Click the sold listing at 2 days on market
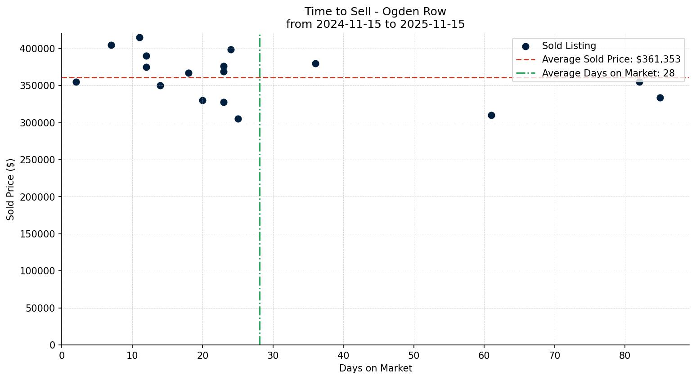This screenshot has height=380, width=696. click(76, 82)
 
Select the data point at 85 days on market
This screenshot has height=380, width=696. click(660, 98)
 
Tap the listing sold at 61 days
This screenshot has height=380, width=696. click(491, 115)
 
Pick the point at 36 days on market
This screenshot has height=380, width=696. click(315, 63)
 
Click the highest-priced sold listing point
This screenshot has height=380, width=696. click(139, 37)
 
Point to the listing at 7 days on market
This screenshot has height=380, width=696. click(111, 45)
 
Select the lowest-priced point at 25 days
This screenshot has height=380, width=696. click(238, 119)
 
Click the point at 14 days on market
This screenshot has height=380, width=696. click(160, 85)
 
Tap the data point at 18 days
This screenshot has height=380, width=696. click(189, 73)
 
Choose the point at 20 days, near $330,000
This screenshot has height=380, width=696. click(202, 100)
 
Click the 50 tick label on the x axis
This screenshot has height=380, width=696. click(413, 356)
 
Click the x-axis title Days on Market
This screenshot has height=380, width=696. click(375, 368)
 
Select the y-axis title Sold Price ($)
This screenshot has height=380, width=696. click(11, 189)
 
